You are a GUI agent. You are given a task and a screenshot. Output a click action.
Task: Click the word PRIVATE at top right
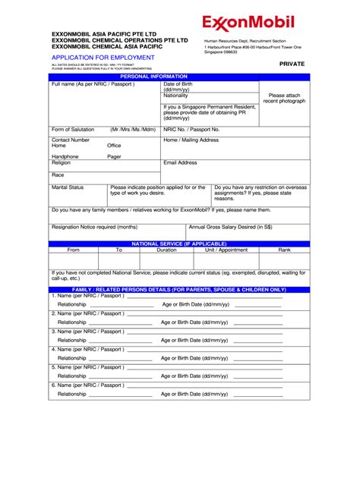(x=292, y=64)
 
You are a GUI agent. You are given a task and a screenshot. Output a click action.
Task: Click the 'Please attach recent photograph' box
(x=284, y=99)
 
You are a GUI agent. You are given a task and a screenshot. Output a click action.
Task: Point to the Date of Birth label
(x=178, y=86)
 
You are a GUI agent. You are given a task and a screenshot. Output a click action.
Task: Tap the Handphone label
(x=65, y=156)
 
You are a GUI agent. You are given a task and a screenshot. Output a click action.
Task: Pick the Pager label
(x=114, y=156)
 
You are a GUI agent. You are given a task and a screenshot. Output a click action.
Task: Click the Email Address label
(x=180, y=162)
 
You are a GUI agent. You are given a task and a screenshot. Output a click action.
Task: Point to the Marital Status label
(x=68, y=187)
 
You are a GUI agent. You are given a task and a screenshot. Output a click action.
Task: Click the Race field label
(x=58, y=175)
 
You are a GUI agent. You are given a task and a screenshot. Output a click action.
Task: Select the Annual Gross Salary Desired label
(x=230, y=227)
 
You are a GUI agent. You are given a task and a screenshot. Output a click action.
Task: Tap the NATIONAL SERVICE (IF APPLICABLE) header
(x=179, y=244)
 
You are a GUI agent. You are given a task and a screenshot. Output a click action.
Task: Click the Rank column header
(x=284, y=250)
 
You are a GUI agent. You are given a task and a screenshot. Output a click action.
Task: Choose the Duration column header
(x=166, y=250)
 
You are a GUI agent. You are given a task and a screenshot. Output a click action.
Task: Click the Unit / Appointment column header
(x=226, y=250)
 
